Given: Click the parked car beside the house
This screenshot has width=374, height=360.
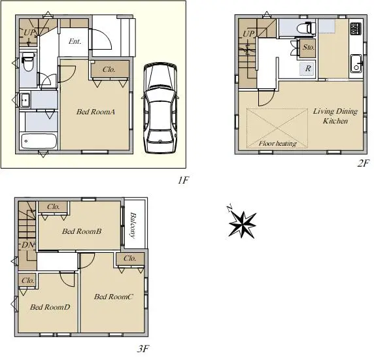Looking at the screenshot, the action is (x=160, y=108).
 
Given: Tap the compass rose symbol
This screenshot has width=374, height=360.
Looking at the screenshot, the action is (x=242, y=223).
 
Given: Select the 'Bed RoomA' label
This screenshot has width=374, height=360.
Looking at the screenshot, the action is (x=95, y=112).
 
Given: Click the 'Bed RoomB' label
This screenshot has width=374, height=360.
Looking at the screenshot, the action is (x=82, y=231).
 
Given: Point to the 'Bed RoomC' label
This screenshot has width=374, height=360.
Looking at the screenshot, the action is (x=113, y=297).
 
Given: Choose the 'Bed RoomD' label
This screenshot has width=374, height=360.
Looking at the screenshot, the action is (x=50, y=307).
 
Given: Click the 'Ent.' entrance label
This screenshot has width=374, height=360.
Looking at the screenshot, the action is (x=75, y=41).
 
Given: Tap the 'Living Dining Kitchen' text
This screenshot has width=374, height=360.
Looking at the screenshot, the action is (x=335, y=116).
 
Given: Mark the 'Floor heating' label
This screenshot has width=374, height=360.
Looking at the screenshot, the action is (x=278, y=143).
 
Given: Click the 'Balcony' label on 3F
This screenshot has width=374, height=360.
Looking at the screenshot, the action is (x=133, y=225).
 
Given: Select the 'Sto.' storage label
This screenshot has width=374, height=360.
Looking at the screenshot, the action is (x=308, y=47).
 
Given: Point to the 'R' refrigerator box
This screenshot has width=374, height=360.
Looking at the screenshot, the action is (x=308, y=69).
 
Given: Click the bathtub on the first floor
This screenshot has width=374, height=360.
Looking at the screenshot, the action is (x=39, y=141).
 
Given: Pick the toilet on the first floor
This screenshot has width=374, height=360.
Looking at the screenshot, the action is (x=28, y=62).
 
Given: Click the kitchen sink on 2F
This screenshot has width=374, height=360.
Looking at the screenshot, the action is (x=356, y=63).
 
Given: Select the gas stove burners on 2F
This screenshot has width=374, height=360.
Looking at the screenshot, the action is (x=356, y=29).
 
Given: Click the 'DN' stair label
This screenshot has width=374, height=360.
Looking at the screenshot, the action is (x=28, y=245).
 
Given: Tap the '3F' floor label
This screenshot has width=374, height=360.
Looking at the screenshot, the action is (x=143, y=349).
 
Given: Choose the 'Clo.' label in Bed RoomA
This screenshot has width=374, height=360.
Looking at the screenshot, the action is (x=109, y=69).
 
